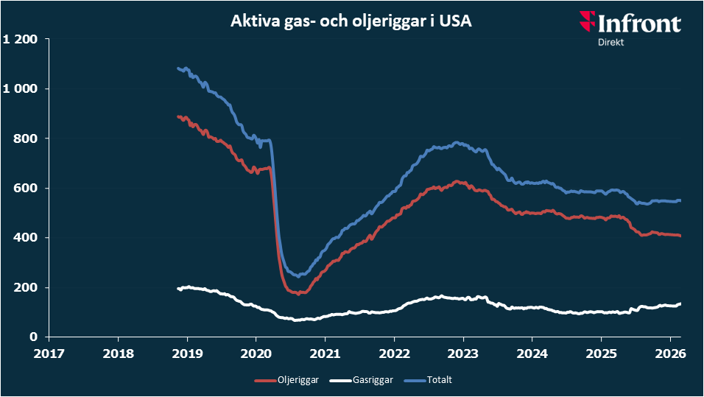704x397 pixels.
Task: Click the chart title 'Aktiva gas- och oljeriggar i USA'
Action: click(351, 22)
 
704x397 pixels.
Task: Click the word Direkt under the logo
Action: click(612, 43)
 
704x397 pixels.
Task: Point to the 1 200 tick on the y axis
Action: click(21, 39)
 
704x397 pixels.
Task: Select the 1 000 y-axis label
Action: click(21, 88)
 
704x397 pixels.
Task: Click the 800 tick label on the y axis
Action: click(27, 138)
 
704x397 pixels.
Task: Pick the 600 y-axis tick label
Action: click(27, 188)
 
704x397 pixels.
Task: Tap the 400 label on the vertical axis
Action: click(27, 237)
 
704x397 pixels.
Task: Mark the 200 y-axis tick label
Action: click(27, 287)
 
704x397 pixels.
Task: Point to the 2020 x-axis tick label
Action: click(256, 352)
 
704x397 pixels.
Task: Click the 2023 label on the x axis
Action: click(462, 352)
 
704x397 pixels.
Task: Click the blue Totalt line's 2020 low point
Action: click(298, 275)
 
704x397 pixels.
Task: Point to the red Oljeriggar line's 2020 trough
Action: click(298, 293)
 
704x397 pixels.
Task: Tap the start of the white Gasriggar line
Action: click(179, 289)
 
